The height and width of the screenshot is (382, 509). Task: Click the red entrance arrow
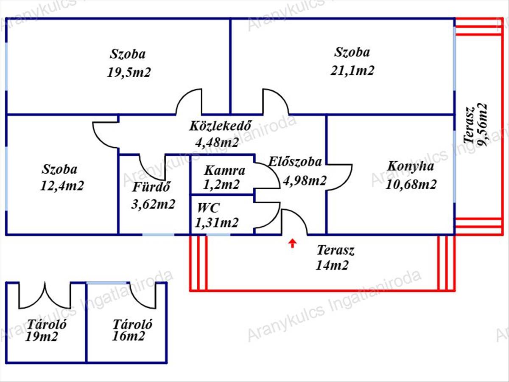click(293, 244)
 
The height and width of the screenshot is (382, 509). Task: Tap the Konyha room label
click(411, 166)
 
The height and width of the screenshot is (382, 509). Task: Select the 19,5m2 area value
click(129, 72)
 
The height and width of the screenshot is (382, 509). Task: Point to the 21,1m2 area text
click(352, 70)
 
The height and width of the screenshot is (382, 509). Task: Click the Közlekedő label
click(220, 126)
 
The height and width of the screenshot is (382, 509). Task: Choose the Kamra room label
click(224, 171)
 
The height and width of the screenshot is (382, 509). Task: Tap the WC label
click(208, 208)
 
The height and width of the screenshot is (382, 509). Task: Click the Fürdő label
click(151, 187)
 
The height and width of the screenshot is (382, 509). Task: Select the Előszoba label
click(295, 162)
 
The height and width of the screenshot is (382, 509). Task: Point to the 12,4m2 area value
click(62, 186)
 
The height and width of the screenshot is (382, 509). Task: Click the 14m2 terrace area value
click(332, 265)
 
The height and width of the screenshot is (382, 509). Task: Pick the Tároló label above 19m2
click(47, 324)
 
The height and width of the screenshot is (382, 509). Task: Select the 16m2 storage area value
click(128, 336)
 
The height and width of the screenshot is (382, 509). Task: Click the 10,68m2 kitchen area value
click(411, 185)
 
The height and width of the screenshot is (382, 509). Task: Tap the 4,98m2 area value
click(305, 180)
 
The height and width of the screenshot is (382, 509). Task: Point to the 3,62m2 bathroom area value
click(153, 205)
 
